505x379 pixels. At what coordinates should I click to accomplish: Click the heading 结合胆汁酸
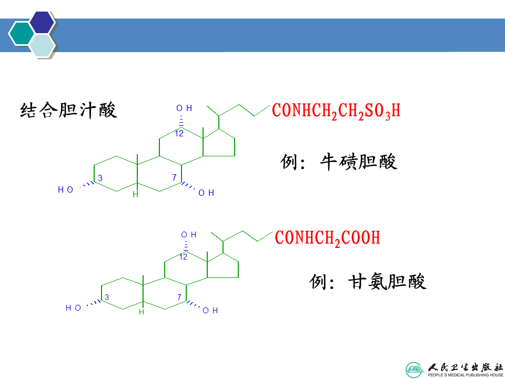[x=68, y=111]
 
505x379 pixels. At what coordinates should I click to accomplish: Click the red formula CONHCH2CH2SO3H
[x=336, y=111]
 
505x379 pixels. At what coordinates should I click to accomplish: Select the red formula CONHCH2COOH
[x=327, y=238]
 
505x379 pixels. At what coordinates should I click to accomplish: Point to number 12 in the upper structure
[x=179, y=134]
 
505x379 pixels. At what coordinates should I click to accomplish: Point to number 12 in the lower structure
[x=183, y=257]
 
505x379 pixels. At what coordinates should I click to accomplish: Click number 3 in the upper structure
[x=100, y=178]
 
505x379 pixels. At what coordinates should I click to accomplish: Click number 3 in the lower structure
[x=106, y=298]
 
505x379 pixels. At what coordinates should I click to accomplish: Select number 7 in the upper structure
[x=174, y=178]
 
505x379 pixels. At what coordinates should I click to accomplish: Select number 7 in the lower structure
[x=179, y=297]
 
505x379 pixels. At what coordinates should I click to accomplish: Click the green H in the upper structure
[x=135, y=195]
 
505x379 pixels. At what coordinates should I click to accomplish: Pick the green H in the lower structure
[x=141, y=312]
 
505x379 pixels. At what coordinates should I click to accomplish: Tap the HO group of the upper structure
[x=66, y=189]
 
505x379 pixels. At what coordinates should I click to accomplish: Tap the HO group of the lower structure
[x=73, y=308]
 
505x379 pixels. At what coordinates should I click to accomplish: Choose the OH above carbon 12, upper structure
[x=184, y=108]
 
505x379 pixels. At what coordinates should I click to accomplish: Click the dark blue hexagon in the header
[x=42, y=22]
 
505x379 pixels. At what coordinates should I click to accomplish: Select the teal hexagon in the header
[x=21, y=34]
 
